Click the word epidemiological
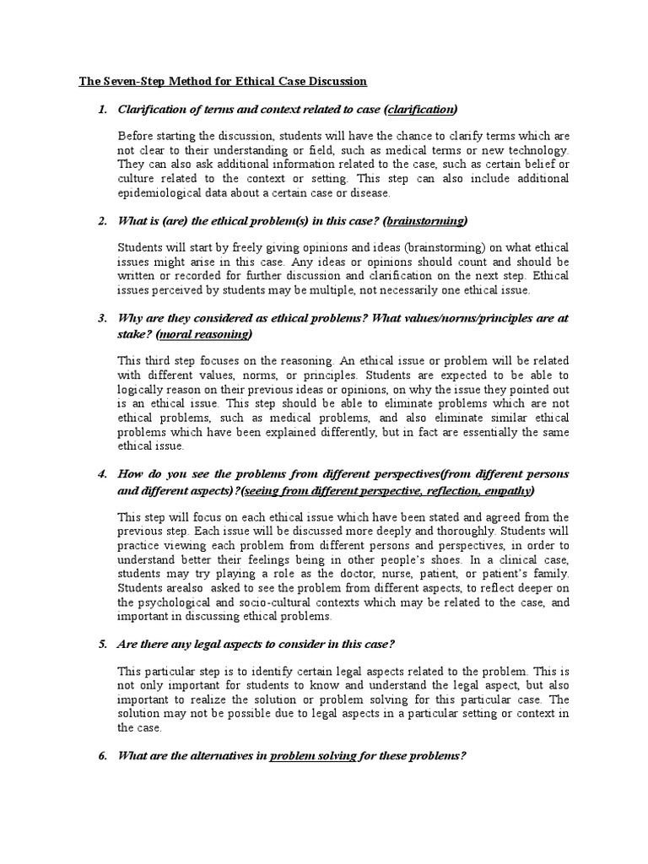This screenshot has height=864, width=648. (160, 193)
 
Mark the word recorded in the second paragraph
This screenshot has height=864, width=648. (197, 275)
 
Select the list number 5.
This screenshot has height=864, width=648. (102, 645)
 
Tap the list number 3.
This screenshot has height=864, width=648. (102, 318)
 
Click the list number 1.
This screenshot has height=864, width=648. (102, 110)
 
